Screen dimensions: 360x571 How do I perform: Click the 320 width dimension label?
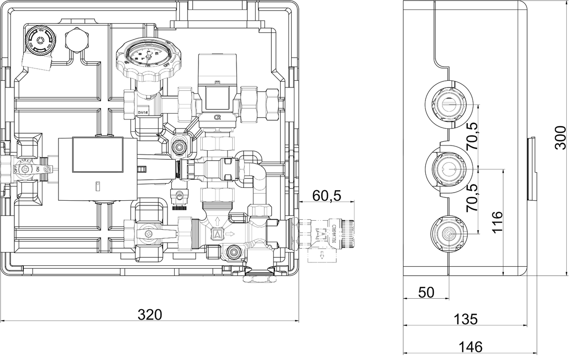click(150, 314)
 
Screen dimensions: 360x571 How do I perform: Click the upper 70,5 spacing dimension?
click(473, 136)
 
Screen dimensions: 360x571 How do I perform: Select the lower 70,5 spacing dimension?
click(473, 198)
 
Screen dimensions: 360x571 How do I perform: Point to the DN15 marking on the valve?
click(142, 113)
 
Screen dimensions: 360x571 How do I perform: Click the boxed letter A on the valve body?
click(217, 234)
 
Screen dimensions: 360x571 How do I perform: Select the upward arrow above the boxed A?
click(217, 221)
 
